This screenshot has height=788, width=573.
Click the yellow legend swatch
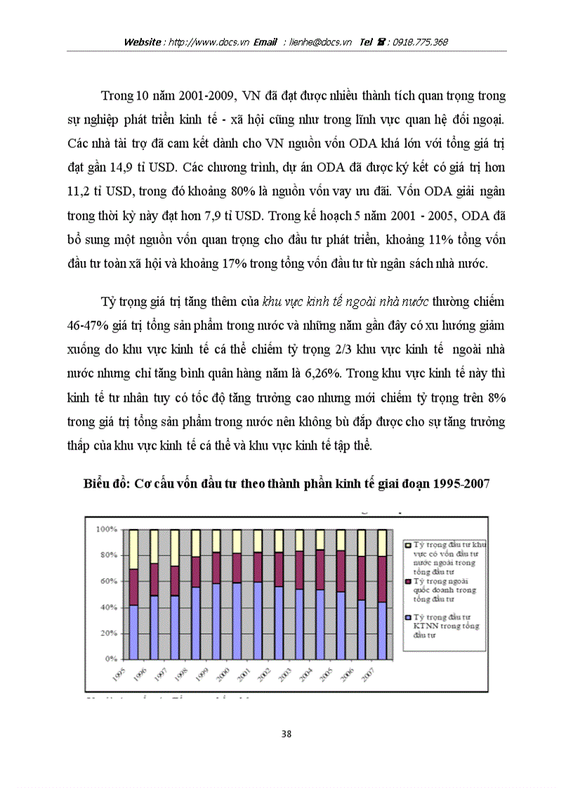(x=408, y=545)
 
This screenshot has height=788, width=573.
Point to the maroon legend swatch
(x=408, y=582)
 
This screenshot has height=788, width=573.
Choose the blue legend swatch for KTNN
(x=408, y=616)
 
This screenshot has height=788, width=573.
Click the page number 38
(x=286, y=734)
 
